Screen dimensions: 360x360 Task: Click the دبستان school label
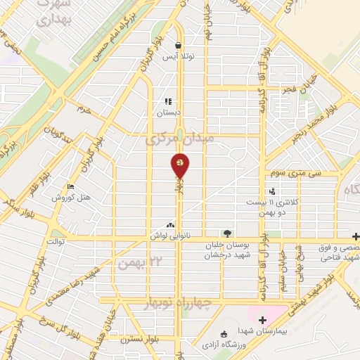169,112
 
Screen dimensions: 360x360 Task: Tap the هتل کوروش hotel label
71,198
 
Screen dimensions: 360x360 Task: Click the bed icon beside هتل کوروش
70,186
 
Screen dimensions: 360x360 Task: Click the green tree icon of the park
226,233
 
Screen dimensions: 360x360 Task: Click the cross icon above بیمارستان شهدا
262,321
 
